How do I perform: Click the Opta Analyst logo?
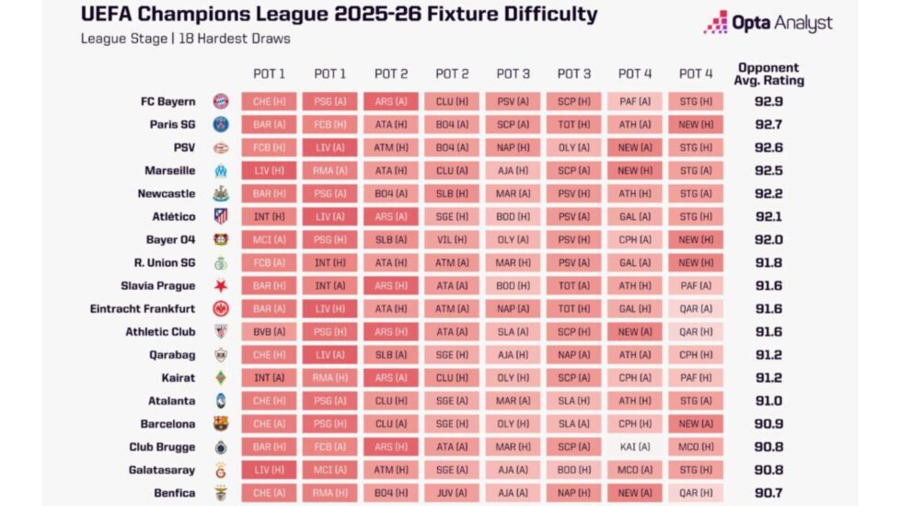767,23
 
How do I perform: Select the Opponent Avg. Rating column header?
768,74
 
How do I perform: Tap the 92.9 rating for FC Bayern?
768,101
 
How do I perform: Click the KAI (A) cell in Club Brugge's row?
635,447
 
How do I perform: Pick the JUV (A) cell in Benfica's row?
452,493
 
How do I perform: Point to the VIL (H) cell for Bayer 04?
452,239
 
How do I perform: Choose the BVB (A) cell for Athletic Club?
269,332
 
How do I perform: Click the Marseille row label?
169,170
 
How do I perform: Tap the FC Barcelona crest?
220,424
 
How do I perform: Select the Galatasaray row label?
162,470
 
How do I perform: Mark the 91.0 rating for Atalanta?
768,401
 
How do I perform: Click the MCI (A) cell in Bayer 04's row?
269,239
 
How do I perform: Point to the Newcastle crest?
220,193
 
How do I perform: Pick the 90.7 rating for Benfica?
768,493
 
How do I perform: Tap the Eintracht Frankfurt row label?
143,309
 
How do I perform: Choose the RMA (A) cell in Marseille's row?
329,170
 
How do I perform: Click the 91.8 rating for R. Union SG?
768,263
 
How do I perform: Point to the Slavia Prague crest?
220,286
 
